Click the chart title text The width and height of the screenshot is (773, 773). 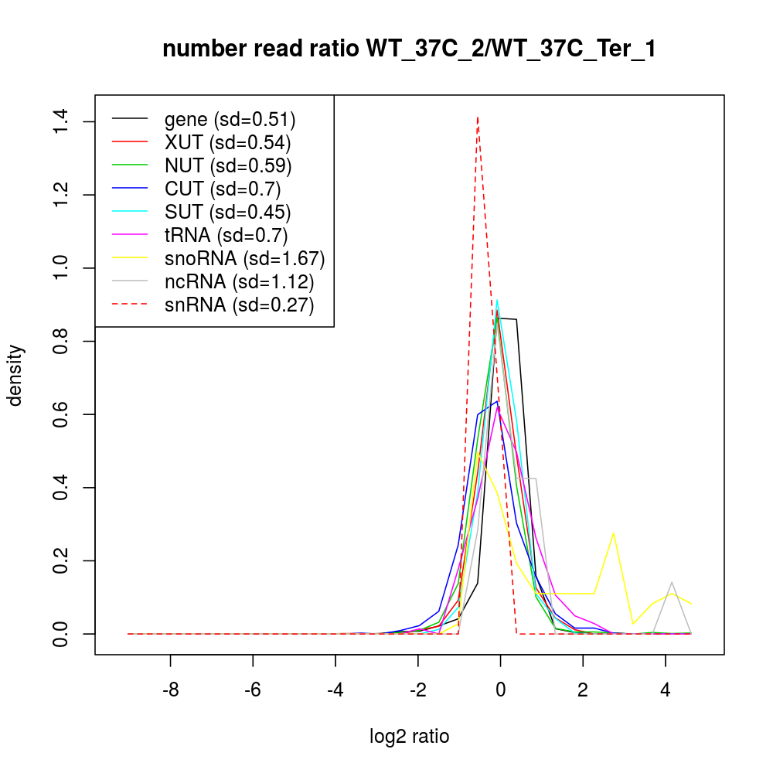(x=409, y=49)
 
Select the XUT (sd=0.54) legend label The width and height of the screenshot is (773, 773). (x=227, y=142)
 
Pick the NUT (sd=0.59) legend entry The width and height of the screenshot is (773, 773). (x=227, y=165)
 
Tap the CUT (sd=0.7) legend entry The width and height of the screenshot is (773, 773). (x=222, y=189)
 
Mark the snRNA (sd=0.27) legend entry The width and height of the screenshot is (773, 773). (x=239, y=305)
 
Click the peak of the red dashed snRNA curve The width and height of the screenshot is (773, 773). (x=478, y=117)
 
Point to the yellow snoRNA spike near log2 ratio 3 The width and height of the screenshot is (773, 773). (x=613, y=533)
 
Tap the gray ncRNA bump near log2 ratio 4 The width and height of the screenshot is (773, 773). (x=672, y=583)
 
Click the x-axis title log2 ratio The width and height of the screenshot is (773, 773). (x=410, y=737)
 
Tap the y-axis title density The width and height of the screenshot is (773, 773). (x=17, y=375)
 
